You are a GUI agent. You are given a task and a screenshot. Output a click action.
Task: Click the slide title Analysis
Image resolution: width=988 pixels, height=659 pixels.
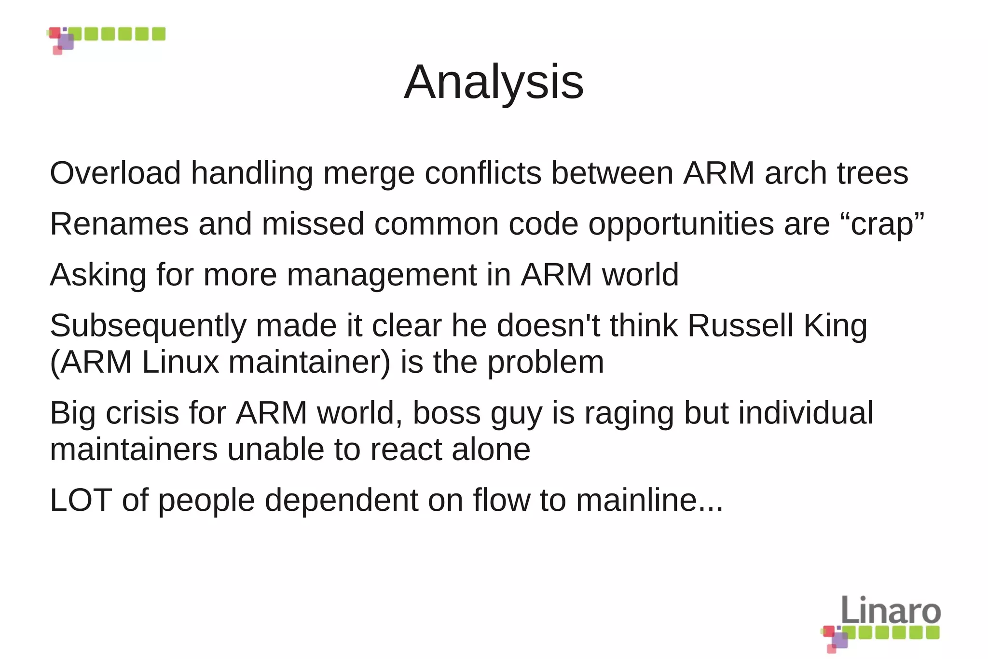pos(494,82)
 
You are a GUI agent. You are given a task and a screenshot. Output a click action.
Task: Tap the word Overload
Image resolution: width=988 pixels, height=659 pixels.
pos(115,173)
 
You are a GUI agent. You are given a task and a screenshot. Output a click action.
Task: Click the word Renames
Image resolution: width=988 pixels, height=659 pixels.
pos(119,224)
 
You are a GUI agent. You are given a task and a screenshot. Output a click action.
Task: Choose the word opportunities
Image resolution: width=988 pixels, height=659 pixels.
pos(681,225)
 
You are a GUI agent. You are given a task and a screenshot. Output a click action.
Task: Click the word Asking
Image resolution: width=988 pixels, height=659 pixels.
pos(98,275)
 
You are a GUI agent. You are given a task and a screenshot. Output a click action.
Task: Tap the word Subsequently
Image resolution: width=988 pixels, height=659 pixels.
pos(148,326)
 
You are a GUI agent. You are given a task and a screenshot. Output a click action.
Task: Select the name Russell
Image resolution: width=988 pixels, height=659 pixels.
pos(740,325)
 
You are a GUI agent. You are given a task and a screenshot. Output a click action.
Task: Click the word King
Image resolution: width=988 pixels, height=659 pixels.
pos(835,326)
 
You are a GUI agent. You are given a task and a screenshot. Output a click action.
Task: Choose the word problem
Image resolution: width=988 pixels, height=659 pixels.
pos(546,363)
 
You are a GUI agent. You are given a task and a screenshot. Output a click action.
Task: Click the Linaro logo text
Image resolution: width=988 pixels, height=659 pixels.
pos(891,610)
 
